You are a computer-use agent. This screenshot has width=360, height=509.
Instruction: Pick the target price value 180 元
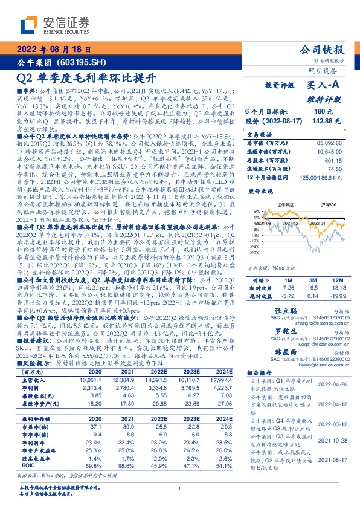pyautogui.click(x=320, y=112)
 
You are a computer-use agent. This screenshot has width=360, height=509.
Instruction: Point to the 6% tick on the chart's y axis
pyautogui.click(x=255, y=212)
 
